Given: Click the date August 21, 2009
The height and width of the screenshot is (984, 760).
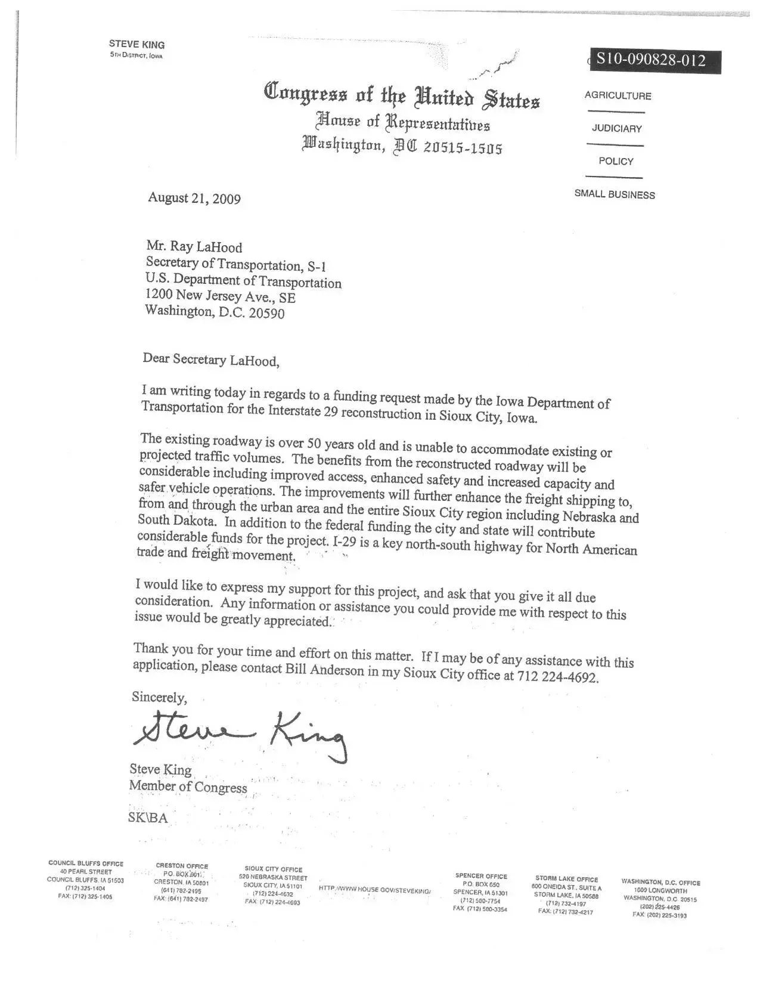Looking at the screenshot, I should coord(194,198).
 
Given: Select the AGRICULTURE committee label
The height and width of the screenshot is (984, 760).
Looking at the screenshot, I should coord(618,96).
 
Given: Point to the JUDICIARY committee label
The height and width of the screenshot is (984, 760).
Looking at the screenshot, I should coord(616,129).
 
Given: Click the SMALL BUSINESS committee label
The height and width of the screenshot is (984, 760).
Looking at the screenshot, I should coord(615,194).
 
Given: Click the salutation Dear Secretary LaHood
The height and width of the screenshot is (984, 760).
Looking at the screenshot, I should coord(210,360).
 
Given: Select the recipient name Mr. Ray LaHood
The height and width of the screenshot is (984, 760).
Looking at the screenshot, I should coord(194,247).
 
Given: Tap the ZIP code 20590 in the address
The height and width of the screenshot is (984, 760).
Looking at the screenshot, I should coord(266,312).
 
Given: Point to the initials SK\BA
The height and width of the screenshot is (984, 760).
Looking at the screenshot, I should coord(148,818).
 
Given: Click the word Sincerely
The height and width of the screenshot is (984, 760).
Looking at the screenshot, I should coord(159,697).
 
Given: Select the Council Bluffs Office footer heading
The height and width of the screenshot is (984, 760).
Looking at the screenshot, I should coord(86,864).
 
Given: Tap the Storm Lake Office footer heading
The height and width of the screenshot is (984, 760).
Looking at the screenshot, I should coord(566,879).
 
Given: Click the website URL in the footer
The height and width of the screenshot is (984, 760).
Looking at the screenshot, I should coord(374,889).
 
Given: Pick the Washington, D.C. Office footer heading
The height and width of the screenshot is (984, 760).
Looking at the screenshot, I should coord(660,883).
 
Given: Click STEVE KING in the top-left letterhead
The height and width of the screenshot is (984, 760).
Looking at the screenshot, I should coord(137,45).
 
